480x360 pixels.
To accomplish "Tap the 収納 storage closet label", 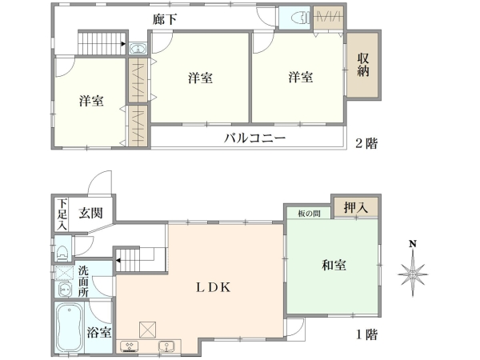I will (363, 66).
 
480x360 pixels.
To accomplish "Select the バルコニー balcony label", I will (254, 138).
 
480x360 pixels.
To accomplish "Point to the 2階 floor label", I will (366, 144).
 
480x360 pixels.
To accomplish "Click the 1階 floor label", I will (366, 334).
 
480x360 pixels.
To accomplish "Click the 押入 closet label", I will (355, 208).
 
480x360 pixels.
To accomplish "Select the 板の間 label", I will (309, 214).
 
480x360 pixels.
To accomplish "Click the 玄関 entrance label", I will (90, 213).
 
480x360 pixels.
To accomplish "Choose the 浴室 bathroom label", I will (100, 330).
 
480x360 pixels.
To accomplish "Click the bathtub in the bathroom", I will (69, 328).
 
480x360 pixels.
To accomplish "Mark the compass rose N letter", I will (413, 244).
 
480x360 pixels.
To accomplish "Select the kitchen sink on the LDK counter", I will (167, 347).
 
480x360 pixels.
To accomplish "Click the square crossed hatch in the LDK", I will (147, 329).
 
